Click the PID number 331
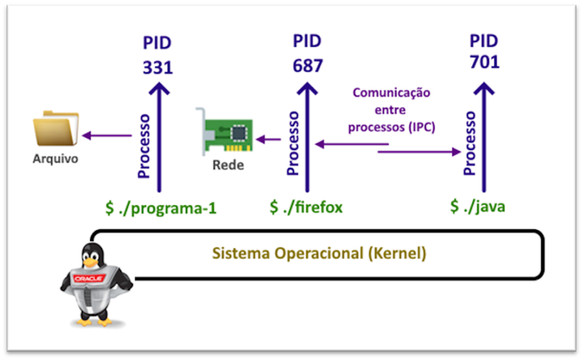(158, 67)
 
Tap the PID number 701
(484, 62)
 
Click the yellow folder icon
(56, 129)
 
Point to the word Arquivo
(56, 160)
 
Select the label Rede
(228, 166)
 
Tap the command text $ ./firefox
(306, 208)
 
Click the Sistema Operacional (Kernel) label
(319, 253)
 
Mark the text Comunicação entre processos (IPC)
(392, 109)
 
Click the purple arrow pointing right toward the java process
(420, 152)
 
